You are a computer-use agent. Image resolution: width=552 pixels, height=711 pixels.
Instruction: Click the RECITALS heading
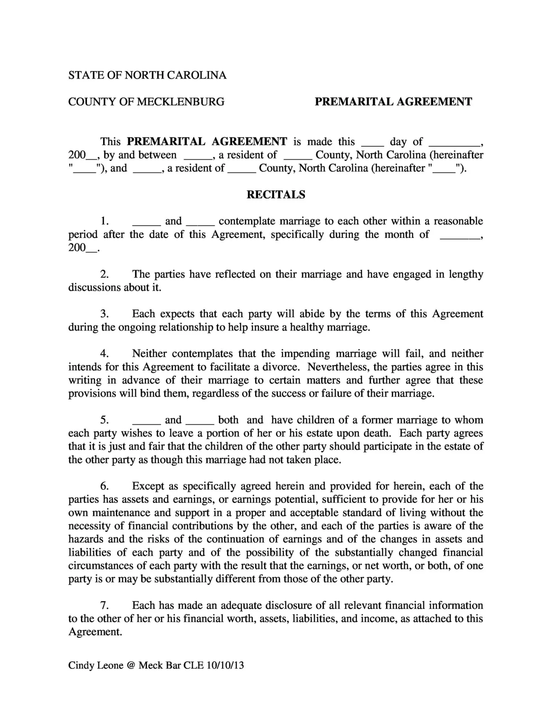pyautogui.click(x=276, y=195)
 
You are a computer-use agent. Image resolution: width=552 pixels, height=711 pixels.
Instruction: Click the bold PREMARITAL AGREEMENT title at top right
pyautogui.click(x=393, y=102)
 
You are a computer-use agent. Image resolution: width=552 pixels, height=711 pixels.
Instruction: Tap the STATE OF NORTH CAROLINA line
pyautogui.click(x=147, y=75)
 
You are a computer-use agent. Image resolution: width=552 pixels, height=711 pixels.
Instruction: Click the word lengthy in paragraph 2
pyautogui.click(x=466, y=274)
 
